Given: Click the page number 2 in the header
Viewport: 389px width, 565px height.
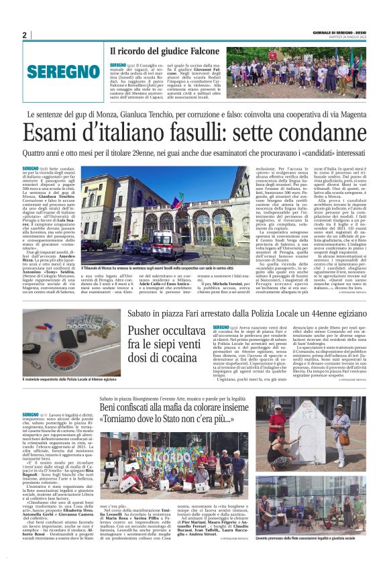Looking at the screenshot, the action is coord(24,36).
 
